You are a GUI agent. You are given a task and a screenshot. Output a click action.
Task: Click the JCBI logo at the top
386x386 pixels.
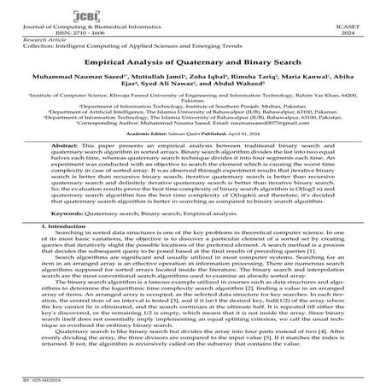(x=192, y=12)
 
